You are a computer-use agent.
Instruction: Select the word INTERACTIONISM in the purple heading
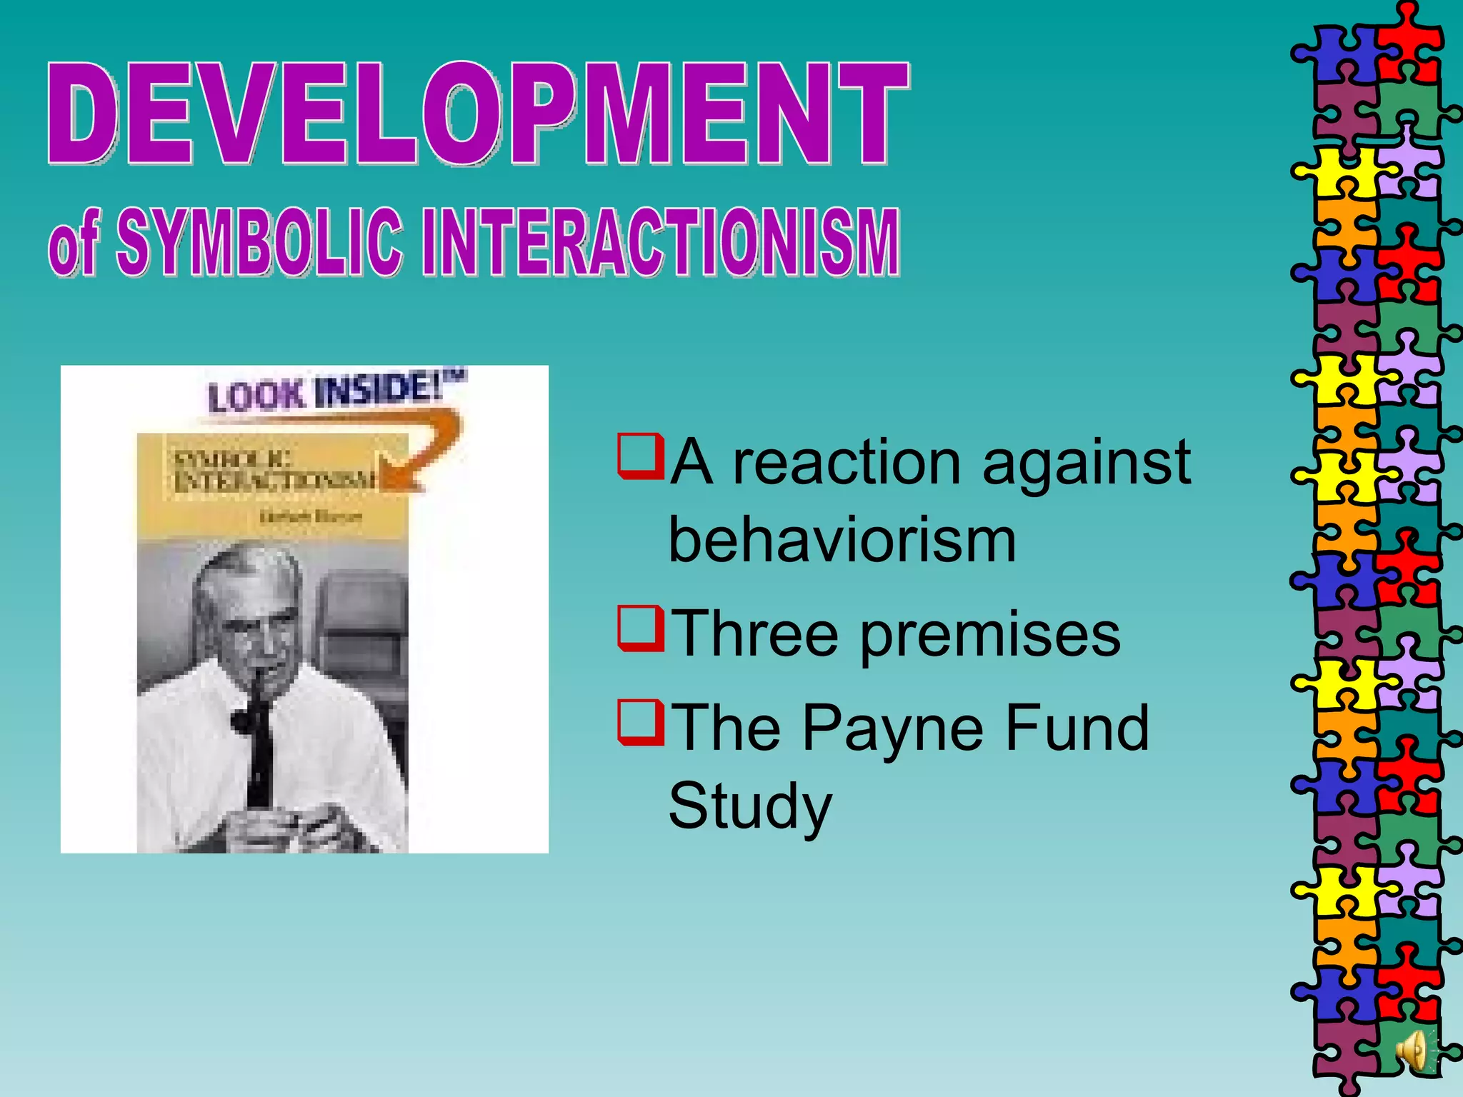coord(660,243)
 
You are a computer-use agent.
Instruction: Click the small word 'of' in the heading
coord(73,246)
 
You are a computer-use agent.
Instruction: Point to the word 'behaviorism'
coord(842,541)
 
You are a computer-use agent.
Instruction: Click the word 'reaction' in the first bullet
coord(847,463)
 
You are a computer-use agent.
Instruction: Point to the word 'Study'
coord(750,807)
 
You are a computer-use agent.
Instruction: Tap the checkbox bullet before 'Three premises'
coord(640,628)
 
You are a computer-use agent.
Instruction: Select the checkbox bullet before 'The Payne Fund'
coord(640,723)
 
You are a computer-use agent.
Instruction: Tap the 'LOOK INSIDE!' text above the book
coord(332,391)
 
